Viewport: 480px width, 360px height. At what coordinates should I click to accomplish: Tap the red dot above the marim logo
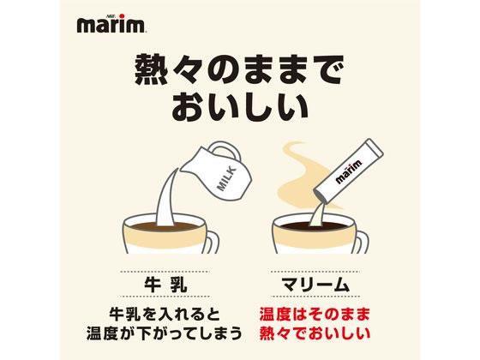[122, 16]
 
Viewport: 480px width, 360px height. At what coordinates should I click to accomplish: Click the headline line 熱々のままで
[239, 69]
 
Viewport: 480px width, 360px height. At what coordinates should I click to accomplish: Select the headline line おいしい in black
[239, 105]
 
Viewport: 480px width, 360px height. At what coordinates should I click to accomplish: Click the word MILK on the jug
[226, 178]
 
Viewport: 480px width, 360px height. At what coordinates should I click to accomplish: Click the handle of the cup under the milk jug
[211, 242]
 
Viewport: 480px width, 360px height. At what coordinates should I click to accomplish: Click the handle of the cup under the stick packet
[361, 242]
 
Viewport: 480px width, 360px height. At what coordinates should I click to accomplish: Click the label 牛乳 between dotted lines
[165, 285]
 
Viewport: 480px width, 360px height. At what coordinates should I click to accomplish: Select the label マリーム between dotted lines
[315, 285]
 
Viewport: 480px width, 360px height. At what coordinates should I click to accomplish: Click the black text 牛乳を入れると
[165, 315]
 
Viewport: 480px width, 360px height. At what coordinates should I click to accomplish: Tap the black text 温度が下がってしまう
[165, 333]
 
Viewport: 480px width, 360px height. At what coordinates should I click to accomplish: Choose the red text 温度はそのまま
[315, 315]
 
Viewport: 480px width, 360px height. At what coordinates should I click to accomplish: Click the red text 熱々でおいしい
[315, 333]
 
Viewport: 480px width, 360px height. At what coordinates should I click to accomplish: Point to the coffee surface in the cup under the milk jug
[165, 227]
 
